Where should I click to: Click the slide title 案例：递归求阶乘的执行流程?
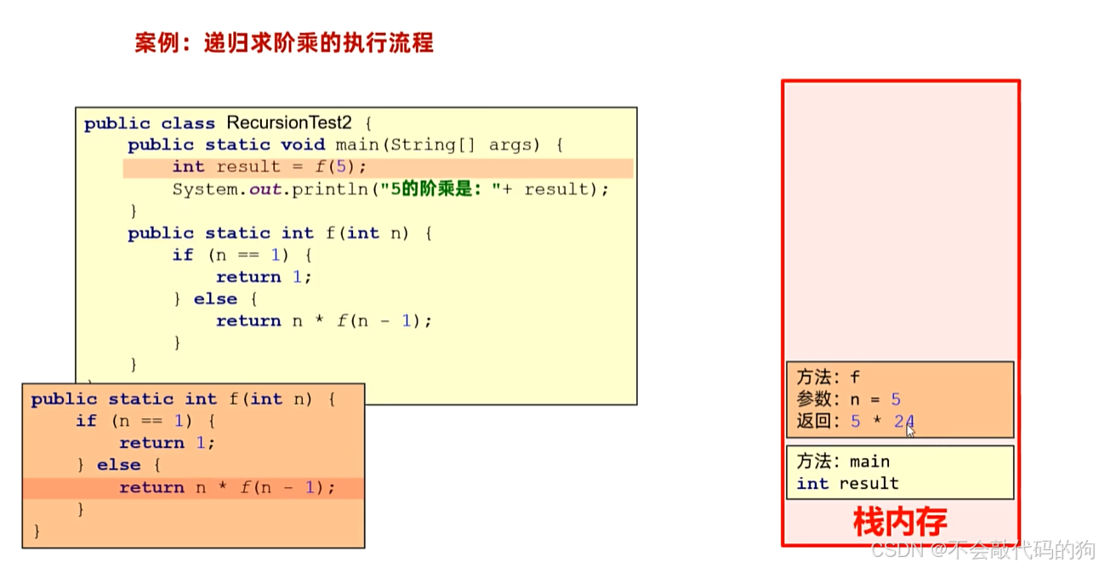point(283,43)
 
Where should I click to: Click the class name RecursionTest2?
point(288,123)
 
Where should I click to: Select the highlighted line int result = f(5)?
point(269,167)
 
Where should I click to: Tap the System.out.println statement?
point(390,189)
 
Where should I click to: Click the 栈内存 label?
point(899,521)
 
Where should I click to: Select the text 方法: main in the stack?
point(843,462)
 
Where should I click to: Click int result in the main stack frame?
point(847,484)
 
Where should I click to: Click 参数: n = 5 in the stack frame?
point(848,399)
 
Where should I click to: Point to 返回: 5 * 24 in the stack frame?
point(855,421)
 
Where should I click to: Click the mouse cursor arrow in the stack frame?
point(910,430)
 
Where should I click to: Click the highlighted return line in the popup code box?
point(227,488)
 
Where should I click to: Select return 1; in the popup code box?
point(167,443)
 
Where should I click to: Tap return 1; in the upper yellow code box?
point(264,277)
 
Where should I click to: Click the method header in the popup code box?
point(183,399)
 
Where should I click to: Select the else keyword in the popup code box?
point(118,465)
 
